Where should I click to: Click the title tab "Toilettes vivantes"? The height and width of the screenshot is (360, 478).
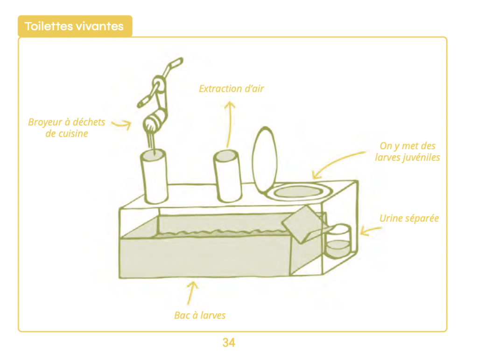coord(75,26)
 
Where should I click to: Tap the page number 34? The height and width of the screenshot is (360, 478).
coord(229,343)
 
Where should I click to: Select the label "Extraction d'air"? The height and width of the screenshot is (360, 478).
coord(231,88)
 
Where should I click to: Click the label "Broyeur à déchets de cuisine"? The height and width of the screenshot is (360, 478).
coord(67,128)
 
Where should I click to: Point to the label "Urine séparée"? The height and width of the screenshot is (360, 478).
coord(409,218)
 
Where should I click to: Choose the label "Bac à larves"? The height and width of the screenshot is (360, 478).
coord(200,315)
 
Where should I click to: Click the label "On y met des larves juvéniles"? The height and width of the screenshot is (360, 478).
coord(408,152)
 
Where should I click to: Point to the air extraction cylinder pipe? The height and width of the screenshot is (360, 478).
coord(227,176)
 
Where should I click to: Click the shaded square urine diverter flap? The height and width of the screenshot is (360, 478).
coord(300,224)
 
